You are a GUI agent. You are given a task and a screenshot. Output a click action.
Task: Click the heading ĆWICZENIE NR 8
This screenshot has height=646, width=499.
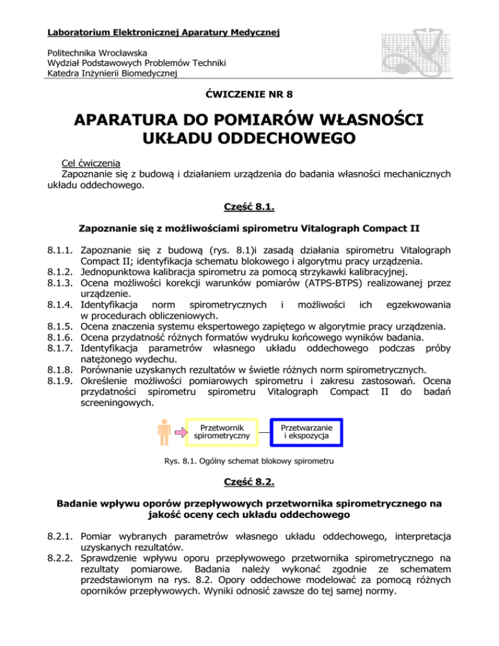click(x=249, y=94)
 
